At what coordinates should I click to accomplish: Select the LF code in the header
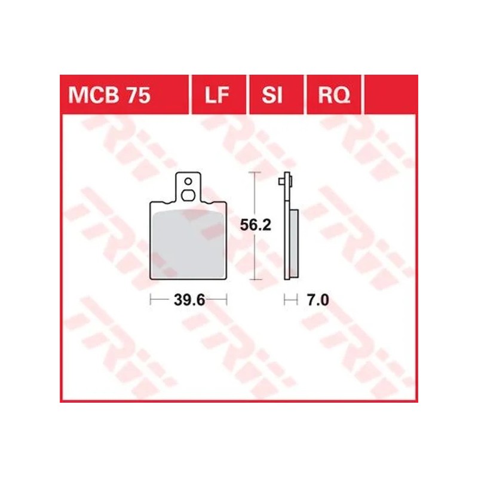218,95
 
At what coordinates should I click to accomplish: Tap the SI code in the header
272,95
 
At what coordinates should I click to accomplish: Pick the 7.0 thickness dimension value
317,301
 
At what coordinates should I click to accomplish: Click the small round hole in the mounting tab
188,181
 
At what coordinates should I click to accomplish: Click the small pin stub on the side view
290,181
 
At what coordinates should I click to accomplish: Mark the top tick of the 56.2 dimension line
256,172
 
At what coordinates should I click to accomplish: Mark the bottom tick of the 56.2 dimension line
256,279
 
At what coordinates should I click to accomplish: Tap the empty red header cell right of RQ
389,95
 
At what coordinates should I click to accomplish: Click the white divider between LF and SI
247,95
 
